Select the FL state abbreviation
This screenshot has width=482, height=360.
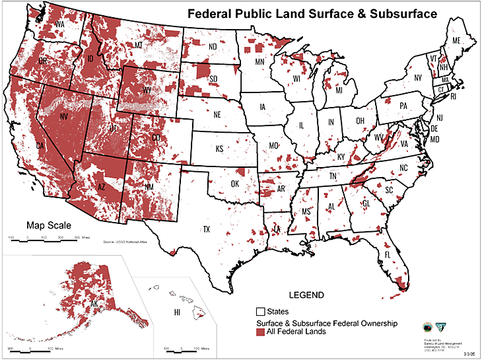(x=388, y=254)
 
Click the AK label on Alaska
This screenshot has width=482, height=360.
(x=94, y=305)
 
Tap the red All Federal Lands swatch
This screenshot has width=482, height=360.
(x=261, y=332)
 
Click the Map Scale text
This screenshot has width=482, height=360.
(x=46, y=225)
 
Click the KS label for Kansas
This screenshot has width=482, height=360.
(x=219, y=149)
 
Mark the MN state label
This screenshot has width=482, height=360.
(x=259, y=63)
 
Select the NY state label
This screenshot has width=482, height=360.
(x=417, y=78)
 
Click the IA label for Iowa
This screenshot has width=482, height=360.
(x=263, y=106)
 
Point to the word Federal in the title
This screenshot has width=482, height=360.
(x=209, y=13)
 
